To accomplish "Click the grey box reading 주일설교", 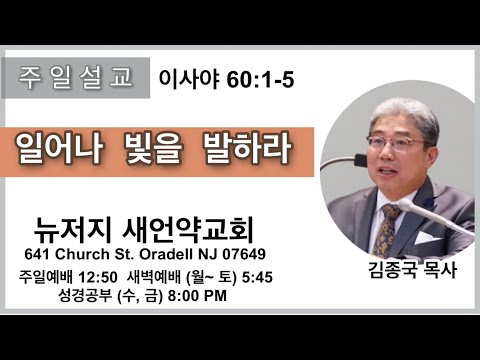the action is [x=76, y=78].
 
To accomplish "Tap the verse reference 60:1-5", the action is [x=260, y=80].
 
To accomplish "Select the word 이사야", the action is [x=189, y=80].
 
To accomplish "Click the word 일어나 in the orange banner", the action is [x=60, y=150].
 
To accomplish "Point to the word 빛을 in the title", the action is [x=154, y=150].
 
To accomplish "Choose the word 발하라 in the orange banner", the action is [x=247, y=150].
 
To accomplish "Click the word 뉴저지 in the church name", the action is [x=72, y=230].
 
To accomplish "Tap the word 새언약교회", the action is [x=188, y=230].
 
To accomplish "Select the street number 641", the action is [x=37, y=254].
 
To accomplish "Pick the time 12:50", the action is [x=98, y=277].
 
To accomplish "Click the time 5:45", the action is [x=257, y=277].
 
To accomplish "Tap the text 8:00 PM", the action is [x=197, y=296].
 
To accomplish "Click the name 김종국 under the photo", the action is [x=393, y=270].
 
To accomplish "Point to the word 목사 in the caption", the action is [x=440, y=270].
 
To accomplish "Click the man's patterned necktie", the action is [x=387, y=230].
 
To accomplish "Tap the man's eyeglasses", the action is [x=398, y=143].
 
